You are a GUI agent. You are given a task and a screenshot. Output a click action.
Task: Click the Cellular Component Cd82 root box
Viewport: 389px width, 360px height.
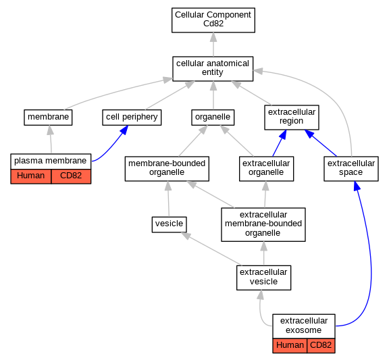pos(213,20)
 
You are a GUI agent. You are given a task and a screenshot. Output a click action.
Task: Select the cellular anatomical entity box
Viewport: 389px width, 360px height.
pos(213,69)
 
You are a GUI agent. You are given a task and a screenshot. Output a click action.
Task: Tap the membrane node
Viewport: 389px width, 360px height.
pos(48,118)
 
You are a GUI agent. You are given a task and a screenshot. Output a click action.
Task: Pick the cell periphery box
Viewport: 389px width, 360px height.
pos(132,118)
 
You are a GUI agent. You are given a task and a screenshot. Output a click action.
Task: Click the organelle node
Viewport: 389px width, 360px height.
pos(213,118)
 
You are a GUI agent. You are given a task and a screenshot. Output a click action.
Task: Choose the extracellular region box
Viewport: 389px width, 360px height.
pos(292,118)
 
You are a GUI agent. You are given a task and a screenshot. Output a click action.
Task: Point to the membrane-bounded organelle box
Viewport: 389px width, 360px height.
pos(167,169)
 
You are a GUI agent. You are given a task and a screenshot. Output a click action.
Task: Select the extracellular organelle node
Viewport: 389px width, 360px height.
pos(267,169)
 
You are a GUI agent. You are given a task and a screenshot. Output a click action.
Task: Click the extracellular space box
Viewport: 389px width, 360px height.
pos(351,169)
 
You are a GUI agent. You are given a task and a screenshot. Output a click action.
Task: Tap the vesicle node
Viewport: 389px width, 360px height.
pos(170,224)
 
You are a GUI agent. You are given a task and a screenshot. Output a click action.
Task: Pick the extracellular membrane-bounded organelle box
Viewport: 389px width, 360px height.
pos(263,224)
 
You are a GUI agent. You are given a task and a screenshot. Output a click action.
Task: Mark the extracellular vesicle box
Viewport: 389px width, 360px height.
pos(263,278)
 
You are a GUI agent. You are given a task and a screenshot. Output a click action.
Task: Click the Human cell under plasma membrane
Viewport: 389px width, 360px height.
pos(31,176)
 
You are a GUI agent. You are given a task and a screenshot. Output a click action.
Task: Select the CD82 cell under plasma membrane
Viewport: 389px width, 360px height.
pos(71,176)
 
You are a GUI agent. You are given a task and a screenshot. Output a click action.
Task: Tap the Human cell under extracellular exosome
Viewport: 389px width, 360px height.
pos(290,346)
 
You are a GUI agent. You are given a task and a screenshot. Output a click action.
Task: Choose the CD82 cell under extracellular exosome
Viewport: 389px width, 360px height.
pos(321,346)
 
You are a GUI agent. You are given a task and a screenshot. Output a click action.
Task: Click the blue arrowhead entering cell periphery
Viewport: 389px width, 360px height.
pos(124,130)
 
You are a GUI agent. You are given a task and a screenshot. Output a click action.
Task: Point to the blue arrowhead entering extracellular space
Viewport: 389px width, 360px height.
pos(357,186)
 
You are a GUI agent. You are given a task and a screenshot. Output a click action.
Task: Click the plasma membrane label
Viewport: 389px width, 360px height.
pos(51,161)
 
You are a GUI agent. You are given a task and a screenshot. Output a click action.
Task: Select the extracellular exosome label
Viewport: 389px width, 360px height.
pos(304,326)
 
